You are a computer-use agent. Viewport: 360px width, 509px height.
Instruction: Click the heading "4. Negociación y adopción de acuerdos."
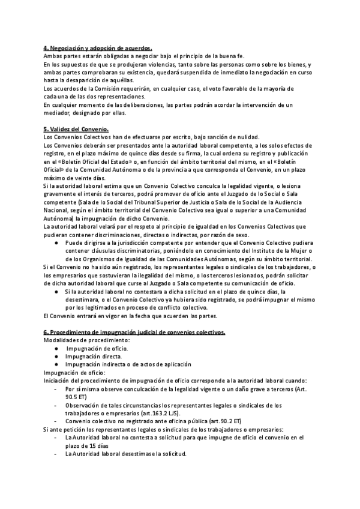pos(98,49)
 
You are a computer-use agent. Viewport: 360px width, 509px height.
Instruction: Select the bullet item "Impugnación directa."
pos(93,356)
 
